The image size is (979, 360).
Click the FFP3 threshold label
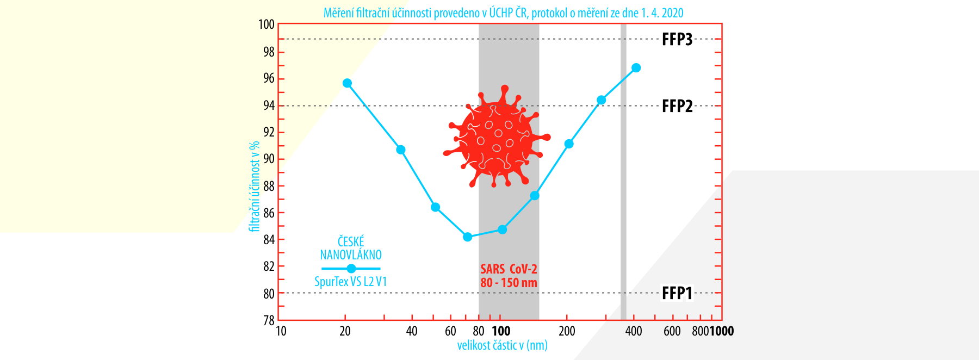[677, 39]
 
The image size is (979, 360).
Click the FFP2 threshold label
[677, 106]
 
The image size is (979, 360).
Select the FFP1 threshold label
[677, 293]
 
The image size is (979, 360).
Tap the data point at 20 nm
[347, 83]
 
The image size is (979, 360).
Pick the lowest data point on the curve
[467, 237]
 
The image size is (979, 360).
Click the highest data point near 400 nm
[636, 68]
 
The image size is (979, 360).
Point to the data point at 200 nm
[569, 144]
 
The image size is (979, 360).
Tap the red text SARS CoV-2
[509, 269]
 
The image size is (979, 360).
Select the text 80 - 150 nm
[509, 283]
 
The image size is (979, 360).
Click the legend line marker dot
[351, 269]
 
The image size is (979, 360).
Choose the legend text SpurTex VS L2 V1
[350, 282]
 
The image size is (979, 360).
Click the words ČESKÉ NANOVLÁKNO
[351, 248]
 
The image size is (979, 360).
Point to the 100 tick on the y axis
[267, 24]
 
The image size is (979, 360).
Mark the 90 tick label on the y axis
[269, 159]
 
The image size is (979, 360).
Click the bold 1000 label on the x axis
[721, 331]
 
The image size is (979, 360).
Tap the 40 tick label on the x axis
[412, 331]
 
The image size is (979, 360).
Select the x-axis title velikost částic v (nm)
[502, 345]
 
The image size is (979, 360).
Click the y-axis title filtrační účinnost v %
[254, 187]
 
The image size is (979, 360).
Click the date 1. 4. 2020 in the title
[662, 13]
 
